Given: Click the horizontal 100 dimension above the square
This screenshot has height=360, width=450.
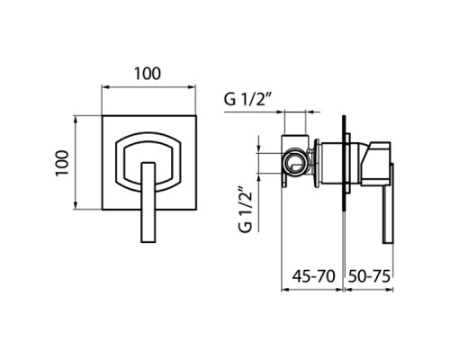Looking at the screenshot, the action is (148, 74).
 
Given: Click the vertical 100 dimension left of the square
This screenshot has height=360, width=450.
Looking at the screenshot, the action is (62, 164).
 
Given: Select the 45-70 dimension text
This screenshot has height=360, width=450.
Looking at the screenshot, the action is (313, 276).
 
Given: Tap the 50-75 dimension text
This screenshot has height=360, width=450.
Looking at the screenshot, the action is (369, 276).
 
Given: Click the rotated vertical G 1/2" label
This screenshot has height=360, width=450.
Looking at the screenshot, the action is (246, 210).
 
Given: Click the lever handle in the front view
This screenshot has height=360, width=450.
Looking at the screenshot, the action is (148, 202).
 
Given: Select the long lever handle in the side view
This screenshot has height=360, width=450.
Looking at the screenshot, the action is (387, 203).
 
